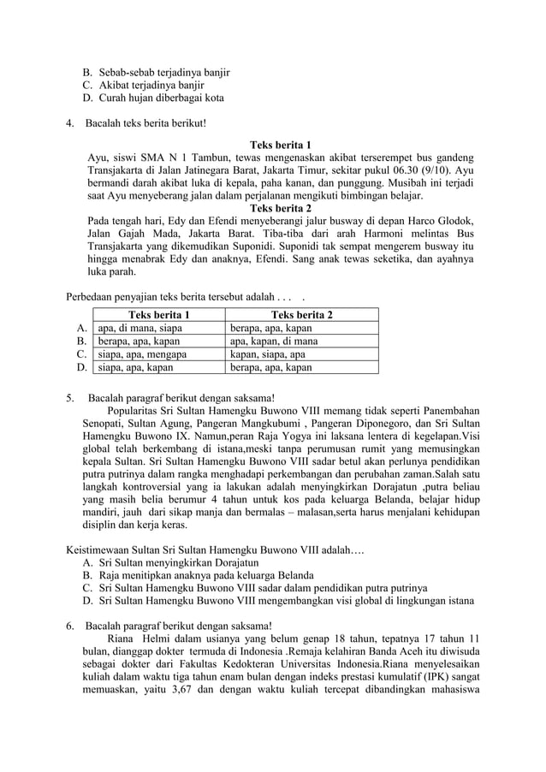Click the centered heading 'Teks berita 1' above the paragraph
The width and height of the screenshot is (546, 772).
280,145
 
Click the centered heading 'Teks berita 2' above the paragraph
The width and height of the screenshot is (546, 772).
280,208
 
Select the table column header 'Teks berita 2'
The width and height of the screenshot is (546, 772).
301,315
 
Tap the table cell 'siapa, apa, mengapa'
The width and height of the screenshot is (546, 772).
142,354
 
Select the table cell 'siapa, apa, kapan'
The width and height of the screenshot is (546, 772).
135,368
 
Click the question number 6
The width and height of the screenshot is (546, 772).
70,625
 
